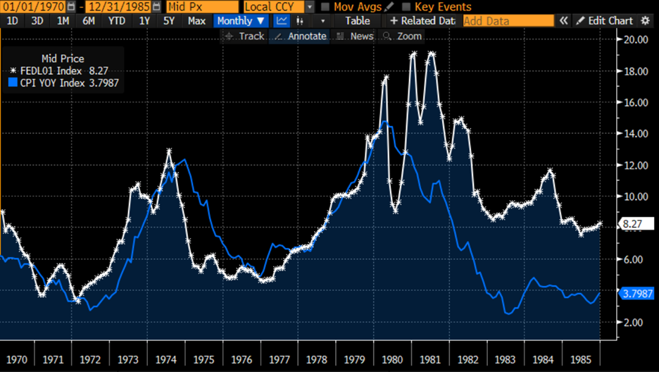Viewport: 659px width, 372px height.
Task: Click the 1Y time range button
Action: (144, 21)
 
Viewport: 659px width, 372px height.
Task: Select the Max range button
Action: (196, 21)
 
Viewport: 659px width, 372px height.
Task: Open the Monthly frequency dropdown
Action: (241, 21)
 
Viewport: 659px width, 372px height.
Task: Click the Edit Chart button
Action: (604, 21)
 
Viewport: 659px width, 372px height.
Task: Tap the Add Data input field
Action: (508, 21)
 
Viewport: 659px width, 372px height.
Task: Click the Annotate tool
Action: (301, 36)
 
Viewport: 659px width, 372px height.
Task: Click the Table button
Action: (358, 21)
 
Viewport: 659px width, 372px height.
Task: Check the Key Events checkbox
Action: (406, 6)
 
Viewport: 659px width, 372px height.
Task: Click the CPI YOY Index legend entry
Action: (63, 83)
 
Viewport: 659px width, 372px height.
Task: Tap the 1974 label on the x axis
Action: (166, 359)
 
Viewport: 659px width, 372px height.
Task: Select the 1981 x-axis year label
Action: (429, 359)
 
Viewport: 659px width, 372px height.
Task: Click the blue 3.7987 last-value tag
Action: (637, 294)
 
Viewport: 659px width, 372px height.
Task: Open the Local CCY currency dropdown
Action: (279, 6)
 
